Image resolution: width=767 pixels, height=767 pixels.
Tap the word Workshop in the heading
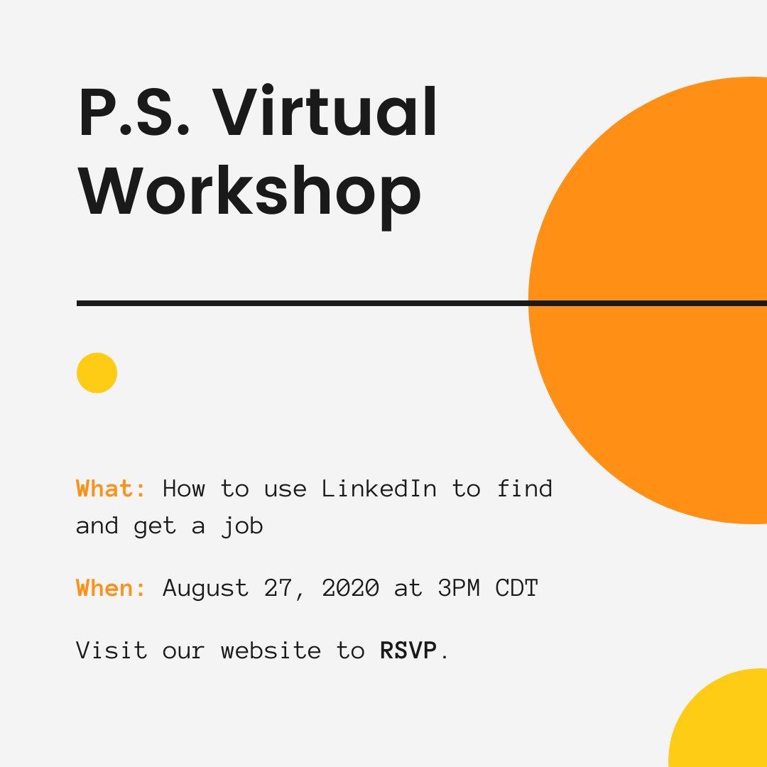[x=250, y=190]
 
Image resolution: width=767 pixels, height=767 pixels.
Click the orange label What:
[x=111, y=489]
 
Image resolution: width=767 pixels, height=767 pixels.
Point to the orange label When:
[x=111, y=588]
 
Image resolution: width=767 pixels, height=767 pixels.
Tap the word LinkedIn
[x=379, y=489]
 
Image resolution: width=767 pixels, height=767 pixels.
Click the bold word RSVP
[x=408, y=651]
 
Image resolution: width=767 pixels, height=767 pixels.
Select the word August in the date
[x=206, y=589]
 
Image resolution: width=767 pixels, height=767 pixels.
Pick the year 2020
[x=351, y=588]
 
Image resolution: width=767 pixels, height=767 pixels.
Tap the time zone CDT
[x=517, y=588]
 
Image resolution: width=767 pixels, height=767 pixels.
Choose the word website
[x=271, y=651]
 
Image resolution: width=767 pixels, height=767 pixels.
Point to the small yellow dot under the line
[x=97, y=373]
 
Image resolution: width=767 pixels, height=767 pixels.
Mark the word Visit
[x=111, y=651]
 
